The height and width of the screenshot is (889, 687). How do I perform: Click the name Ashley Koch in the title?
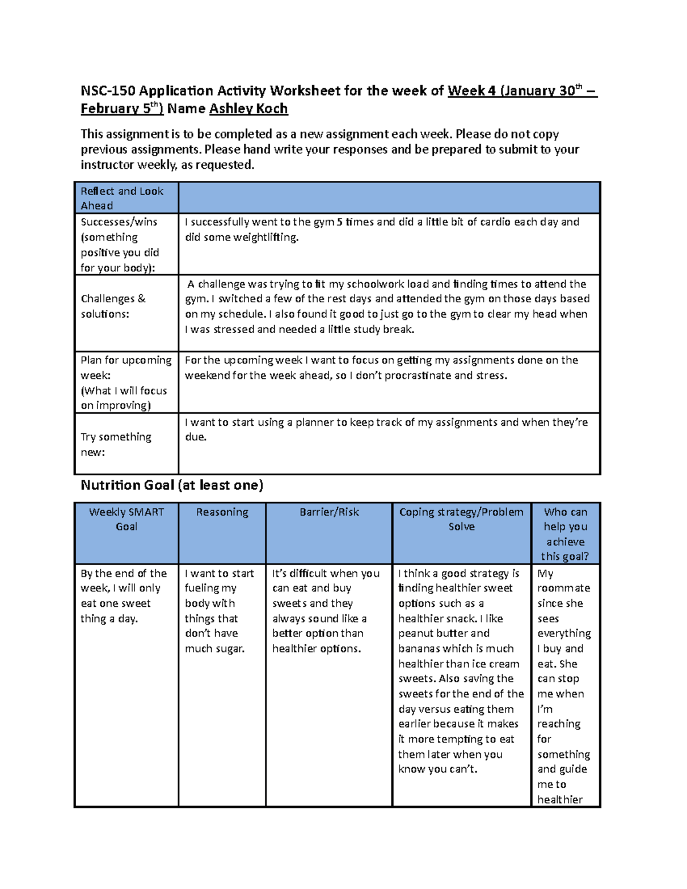point(248,109)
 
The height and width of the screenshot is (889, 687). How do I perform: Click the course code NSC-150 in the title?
point(108,91)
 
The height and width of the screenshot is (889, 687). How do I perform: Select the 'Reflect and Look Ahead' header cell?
point(122,198)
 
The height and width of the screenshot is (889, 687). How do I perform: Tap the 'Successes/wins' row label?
point(119,222)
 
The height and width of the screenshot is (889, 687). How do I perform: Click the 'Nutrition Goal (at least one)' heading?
point(172,485)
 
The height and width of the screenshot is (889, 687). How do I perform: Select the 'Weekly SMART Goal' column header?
point(126,519)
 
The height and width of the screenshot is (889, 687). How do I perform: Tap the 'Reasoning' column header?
point(222,512)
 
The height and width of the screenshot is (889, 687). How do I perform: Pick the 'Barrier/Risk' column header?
point(329,512)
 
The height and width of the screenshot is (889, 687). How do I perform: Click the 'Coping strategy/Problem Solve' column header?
point(461,519)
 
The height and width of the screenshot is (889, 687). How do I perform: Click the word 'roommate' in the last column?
point(563,588)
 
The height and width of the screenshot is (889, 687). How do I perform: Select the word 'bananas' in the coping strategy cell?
point(424,649)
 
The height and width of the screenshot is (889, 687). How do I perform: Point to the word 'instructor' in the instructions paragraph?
point(109,165)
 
